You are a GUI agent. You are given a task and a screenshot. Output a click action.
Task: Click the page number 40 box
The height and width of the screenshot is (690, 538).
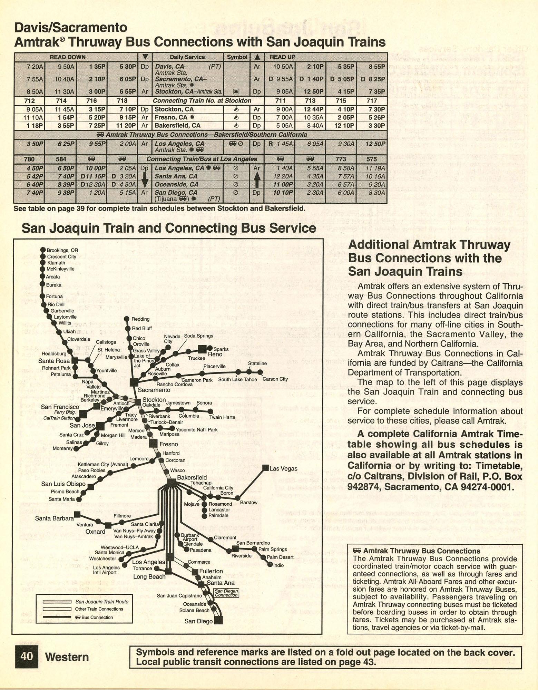27,656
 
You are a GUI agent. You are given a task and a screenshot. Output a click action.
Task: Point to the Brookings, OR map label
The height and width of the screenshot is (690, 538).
62,250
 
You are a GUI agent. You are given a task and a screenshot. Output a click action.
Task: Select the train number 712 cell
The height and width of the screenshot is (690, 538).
29,100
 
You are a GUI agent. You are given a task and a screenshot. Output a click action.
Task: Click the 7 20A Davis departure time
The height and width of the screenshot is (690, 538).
35,66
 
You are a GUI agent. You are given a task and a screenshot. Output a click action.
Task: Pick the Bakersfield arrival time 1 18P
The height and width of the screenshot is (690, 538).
35,126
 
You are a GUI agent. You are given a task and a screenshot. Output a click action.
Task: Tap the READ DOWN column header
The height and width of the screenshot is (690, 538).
68,57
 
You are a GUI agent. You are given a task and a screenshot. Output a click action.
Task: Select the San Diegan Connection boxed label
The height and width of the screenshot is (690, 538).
226,593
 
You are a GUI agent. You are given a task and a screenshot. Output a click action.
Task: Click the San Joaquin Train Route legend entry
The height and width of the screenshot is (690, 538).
102,602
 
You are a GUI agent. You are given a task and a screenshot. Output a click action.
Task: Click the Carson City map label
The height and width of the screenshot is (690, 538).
275,379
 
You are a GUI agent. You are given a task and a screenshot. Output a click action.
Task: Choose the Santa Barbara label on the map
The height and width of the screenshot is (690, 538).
54,518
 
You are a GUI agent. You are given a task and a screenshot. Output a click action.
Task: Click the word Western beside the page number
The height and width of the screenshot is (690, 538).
67,657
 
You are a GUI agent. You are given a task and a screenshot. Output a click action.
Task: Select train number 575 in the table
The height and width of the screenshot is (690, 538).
372,159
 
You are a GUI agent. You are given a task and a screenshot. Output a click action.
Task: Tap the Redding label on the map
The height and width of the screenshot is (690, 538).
140,319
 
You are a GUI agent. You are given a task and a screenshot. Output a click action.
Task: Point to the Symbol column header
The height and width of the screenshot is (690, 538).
237,57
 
